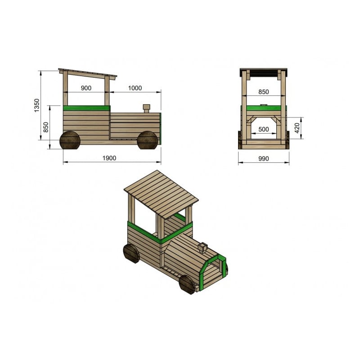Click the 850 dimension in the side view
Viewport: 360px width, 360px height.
coord(46,127)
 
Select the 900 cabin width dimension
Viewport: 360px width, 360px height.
coord(86,88)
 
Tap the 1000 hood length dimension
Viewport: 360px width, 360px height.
coord(135,88)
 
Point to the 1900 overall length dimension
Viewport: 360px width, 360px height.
coord(109,158)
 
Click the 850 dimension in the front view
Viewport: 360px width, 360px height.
coord(264,92)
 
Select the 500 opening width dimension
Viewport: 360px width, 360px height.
coord(264,130)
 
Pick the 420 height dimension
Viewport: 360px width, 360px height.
coord(297,128)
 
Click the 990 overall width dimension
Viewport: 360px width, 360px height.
coord(264,158)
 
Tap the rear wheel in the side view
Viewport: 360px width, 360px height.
coord(70,140)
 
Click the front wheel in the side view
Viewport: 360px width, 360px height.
coord(148,140)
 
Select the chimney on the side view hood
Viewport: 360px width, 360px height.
coord(146,109)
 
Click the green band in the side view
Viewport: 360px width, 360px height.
coord(86,108)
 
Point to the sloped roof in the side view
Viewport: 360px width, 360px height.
coord(87,73)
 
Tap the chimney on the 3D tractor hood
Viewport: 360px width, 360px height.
coord(202,247)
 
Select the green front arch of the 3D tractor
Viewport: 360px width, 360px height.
coord(210,270)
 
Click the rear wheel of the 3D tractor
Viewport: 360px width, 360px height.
coord(131,253)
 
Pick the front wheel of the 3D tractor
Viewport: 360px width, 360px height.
coord(186,284)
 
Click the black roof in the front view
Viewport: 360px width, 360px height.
coord(264,72)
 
